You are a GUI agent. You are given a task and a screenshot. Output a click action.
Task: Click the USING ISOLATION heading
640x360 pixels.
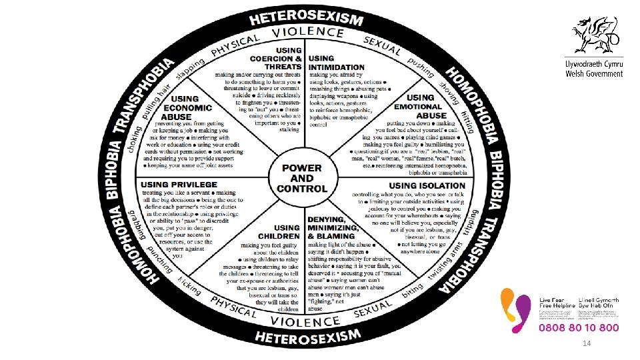(427, 185)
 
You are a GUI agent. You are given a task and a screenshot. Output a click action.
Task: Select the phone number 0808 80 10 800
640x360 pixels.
(579, 328)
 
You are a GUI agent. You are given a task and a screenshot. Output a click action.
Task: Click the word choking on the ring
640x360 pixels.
(136, 137)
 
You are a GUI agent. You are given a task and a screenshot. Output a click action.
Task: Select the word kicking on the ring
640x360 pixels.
(190, 287)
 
